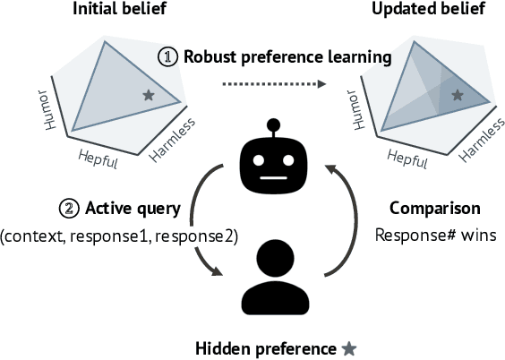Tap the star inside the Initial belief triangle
pos(147,94)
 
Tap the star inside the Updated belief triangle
pos(458,94)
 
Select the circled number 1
pos(168,57)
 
